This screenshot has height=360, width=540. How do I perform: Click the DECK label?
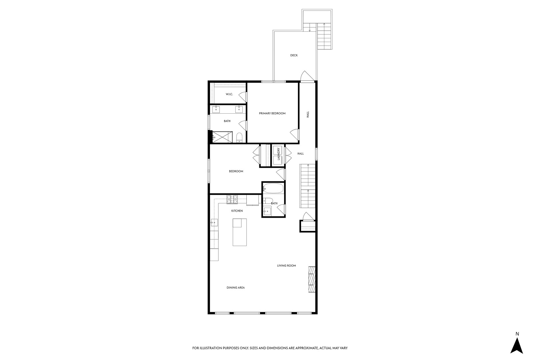[x=294, y=55]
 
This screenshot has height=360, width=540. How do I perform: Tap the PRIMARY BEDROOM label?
[x=272, y=113]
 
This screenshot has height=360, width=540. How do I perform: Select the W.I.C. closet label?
[x=229, y=94]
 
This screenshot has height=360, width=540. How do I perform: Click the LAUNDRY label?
[x=278, y=154]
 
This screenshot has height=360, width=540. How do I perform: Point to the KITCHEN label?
[x=237, y=211]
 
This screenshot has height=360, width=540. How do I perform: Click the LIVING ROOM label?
[x=286, y=266]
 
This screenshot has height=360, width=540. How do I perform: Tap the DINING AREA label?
[x=236, y=288]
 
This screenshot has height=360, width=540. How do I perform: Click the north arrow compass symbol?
[x=517, y=346]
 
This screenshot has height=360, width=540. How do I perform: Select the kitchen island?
[x=240, y=232]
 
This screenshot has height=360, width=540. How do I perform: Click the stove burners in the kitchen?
[x=232, y=199]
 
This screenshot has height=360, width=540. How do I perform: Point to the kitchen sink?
[x=214, y=222]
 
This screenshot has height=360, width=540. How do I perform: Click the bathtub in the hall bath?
[x=273, y=188]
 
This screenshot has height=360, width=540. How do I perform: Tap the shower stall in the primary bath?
[x=222, y=137]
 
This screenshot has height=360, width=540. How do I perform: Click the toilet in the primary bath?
[x=239, y=137]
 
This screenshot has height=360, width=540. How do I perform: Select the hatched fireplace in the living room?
[x=312, y=279]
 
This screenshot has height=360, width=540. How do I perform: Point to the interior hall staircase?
[x=307, y=186]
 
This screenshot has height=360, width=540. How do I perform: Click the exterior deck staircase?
[x=324, y=36]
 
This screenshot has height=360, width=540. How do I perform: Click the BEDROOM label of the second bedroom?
[x=236, y=171]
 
